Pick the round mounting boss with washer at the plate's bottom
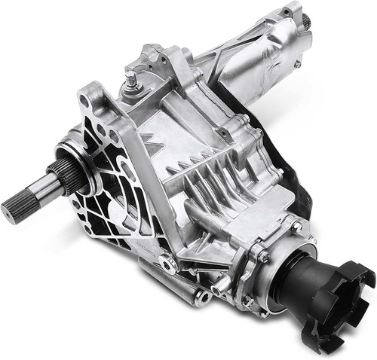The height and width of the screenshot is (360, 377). click(167, 264)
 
